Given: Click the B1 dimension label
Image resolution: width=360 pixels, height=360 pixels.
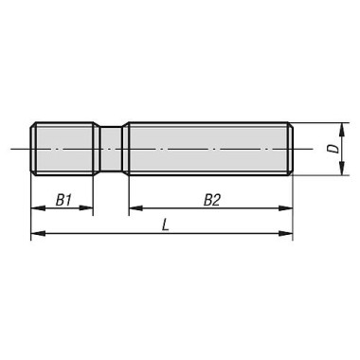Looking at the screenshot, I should click(x=63, y=200).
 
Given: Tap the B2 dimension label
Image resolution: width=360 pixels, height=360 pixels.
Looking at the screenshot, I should click(x=211, y=200).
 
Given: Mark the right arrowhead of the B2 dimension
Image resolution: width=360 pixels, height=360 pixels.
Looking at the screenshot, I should click(x=287, y=209).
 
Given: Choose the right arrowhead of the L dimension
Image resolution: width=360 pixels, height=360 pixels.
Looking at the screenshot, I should click(x=287, y=235).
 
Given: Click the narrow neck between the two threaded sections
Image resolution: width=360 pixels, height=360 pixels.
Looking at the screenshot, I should click(x=111, y=149).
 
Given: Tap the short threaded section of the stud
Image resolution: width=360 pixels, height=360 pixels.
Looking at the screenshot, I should click(x=63, y=149).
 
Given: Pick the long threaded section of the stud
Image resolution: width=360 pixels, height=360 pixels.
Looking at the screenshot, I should click(x=208, y=149).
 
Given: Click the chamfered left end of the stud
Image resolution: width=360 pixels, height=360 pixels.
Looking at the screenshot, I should click(x=33, y=149).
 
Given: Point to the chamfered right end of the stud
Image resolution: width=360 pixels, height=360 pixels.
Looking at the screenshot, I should click(x=290, y=149).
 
